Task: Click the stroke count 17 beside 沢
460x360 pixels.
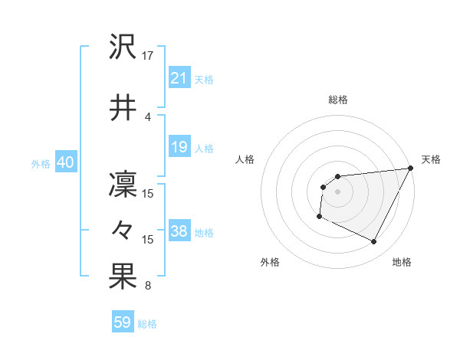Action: [x=148, y=56]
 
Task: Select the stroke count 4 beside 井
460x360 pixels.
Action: [x=148, y=116]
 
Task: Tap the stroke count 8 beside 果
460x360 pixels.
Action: [x=148, y=286]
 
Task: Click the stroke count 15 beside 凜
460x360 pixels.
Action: [x=148, y=194]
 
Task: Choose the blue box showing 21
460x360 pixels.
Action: [x=179, y=77]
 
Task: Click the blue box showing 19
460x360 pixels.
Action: [x=179, y=146]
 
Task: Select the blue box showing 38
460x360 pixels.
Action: [x=179, y=231]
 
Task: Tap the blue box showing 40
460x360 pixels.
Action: [x=64, y=162]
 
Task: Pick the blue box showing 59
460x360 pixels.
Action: [x=122, y=322]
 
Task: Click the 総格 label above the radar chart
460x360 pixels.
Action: [x=337, y=100]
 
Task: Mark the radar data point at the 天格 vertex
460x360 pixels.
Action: [x=411, y=169]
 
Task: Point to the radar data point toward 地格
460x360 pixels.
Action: [x=374, y=242]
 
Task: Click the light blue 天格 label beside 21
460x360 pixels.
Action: [x=204, y=79]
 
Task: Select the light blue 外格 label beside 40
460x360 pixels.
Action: [x=41, y=163]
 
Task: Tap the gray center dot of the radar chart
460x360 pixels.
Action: [x=337, y=191]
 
